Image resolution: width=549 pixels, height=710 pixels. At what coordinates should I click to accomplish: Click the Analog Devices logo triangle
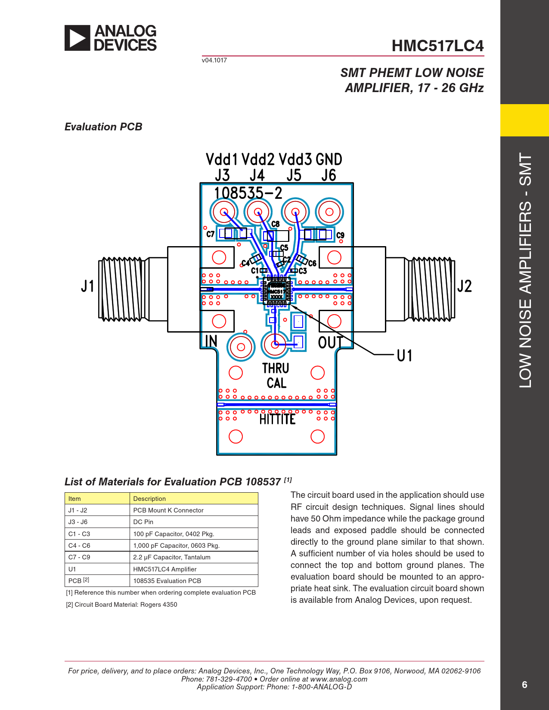tap(77, 38)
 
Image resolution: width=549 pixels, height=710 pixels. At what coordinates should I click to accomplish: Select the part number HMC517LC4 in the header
tap(437, 46)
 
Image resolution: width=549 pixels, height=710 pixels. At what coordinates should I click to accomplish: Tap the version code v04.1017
tap(214, 60)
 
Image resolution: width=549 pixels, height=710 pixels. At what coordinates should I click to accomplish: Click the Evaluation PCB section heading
tap(103, 127)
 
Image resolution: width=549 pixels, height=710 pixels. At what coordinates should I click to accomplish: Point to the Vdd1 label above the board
tap(222, 160)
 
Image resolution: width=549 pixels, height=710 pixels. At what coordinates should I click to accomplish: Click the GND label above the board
tap(329, 160)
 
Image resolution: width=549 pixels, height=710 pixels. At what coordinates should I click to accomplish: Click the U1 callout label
tap(404, 355)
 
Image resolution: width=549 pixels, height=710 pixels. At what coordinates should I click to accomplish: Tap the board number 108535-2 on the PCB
tap(248, 193)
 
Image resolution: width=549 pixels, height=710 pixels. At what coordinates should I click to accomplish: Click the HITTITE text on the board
tap(277, 419)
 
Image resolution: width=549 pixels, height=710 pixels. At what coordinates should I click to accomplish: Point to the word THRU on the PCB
tap(276, 368)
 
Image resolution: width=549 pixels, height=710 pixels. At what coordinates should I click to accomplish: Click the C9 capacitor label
tap(341, 235)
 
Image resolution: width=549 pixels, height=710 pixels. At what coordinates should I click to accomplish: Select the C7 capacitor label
tap(210, 234)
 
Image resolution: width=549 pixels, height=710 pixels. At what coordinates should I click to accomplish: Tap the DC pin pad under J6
tap(329, 212)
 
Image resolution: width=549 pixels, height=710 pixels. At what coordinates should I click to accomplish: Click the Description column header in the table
tap(149, 499)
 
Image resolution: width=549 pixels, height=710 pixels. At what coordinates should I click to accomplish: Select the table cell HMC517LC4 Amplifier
tap(165, 569)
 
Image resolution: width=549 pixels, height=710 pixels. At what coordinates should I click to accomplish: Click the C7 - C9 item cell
tap(79, 557)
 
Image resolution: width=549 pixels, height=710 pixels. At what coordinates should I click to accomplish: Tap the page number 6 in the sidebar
tap(524, 685)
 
